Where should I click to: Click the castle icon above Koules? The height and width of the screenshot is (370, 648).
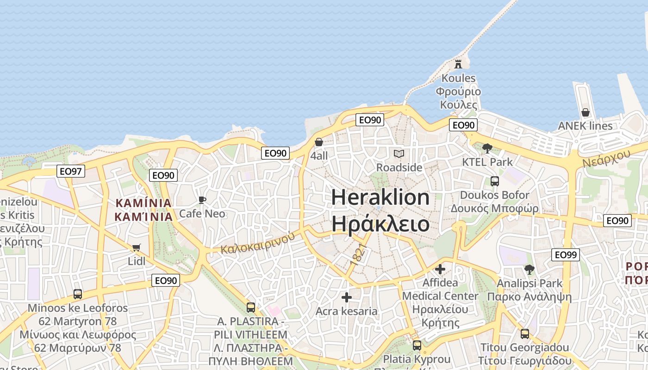coord(458,63)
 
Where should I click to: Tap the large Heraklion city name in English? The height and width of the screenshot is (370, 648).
coord(380,197)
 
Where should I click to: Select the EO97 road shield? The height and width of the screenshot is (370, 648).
coord(71,172)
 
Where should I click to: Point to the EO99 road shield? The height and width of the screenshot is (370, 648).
coord(565,254)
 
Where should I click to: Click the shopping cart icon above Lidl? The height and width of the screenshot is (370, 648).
coord(136,247)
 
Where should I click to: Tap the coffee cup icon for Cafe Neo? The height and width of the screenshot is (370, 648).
coord(202,200)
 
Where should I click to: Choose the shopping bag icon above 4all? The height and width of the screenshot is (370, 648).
coord(319,142)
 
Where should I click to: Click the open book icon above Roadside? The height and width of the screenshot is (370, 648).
coord(399,154)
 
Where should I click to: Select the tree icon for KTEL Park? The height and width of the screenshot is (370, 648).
coord(487,148)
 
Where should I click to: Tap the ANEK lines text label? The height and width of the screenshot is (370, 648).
coord(585,126)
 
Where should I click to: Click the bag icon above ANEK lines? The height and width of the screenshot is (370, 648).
coord(585,112)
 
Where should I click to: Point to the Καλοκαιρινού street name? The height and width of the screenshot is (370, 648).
coord(257,243)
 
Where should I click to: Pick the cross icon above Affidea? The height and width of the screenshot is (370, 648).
coord(440,269)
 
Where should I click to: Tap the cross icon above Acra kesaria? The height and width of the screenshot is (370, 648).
coord(346,297)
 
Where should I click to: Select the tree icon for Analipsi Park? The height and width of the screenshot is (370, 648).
coord(529,269)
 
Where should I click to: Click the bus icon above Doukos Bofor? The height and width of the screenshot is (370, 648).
coord(494,181)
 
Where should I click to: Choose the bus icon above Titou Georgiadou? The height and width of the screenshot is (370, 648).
coord(524,333)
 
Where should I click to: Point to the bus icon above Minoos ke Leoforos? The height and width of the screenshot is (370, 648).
coord(77,294)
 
